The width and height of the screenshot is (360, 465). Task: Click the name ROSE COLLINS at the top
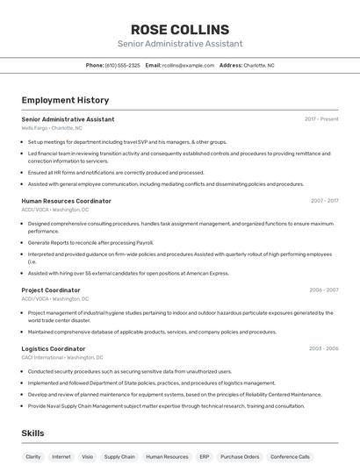pyautogui.click(x=180, y=29)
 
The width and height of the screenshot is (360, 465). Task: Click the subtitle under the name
pyautogui.click(x=180, y=44)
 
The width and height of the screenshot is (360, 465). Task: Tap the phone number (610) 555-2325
pyautogui.click(x=122, y=65)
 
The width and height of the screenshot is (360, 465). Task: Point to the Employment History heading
pyautogui.click(x=65, y=100)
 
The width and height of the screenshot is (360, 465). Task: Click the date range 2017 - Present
pyautogui.click(x=321, y=119)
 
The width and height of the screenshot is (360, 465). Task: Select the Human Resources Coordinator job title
pyautogui.click(x=66, y=201)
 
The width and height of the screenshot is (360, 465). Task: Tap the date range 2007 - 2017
pyautogui.click(x=324, y=201)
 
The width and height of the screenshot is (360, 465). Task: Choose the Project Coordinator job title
pyautogui.click(x=51, y=290)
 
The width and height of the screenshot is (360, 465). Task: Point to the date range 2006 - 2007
pyautogui.click(x=324, y=290)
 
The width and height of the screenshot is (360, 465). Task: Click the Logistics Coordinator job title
pyautogui.click(x=54, y=348)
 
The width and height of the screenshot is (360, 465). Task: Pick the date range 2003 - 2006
pyautogui.click(x=324, y=348)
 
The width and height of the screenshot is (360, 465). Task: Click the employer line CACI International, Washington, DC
pyautogui.click(x=62, y=357)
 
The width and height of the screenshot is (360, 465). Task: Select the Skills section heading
pyautogui.click(x=33, y=433)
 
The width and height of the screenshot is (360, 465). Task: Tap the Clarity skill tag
pyautogui.click(x=33, y=456)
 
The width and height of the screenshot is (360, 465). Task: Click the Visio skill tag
pyautogui.click(x=87, y=456)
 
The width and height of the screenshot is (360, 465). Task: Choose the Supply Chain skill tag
pyautogui.click(x=119, y=456)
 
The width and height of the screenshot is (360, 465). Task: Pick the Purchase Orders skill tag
pyautogui.click(x=240, y=456)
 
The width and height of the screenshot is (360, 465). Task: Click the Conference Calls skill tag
pyautogui.click(x=291, y=456)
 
